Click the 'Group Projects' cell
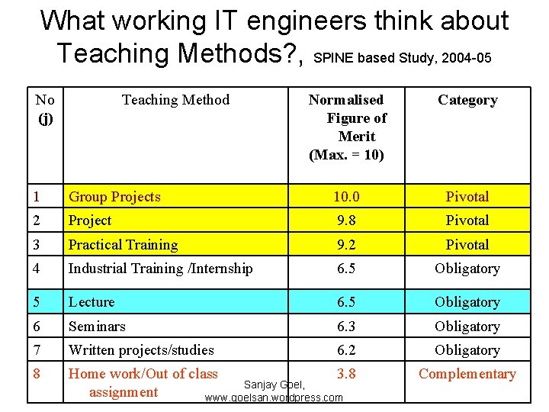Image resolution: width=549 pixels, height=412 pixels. (114, 197)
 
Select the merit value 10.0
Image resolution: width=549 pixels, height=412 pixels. (346, 197)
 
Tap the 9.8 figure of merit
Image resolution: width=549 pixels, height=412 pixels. (346, 220)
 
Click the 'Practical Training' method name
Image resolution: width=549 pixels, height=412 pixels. (123, 245)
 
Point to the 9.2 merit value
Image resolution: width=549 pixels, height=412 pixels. (346, 245)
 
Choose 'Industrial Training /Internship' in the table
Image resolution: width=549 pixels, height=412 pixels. (160, 269)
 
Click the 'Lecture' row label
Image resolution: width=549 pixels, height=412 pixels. (91, 302)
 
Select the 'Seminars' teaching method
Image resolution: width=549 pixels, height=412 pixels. (97, 327)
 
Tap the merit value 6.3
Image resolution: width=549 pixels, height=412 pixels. (346, 327)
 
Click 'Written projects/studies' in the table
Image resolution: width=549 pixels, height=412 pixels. (141, 350)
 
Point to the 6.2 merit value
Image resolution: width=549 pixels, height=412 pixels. (346, 350)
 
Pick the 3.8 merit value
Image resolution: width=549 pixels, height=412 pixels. (346, 374)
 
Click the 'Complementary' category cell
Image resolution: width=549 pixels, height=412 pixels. (467, 374)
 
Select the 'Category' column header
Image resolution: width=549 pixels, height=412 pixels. (467, 100)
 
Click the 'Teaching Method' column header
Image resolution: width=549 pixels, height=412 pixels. (175, 100)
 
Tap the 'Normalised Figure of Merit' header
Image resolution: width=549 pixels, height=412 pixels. (347, 127)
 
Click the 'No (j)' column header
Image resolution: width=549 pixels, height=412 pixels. (45, 108)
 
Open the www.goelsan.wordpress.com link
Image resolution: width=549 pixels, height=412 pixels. (274, 398)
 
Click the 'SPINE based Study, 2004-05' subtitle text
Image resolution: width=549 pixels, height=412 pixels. (408, 57)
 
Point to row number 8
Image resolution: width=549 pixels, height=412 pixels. (37, 374)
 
